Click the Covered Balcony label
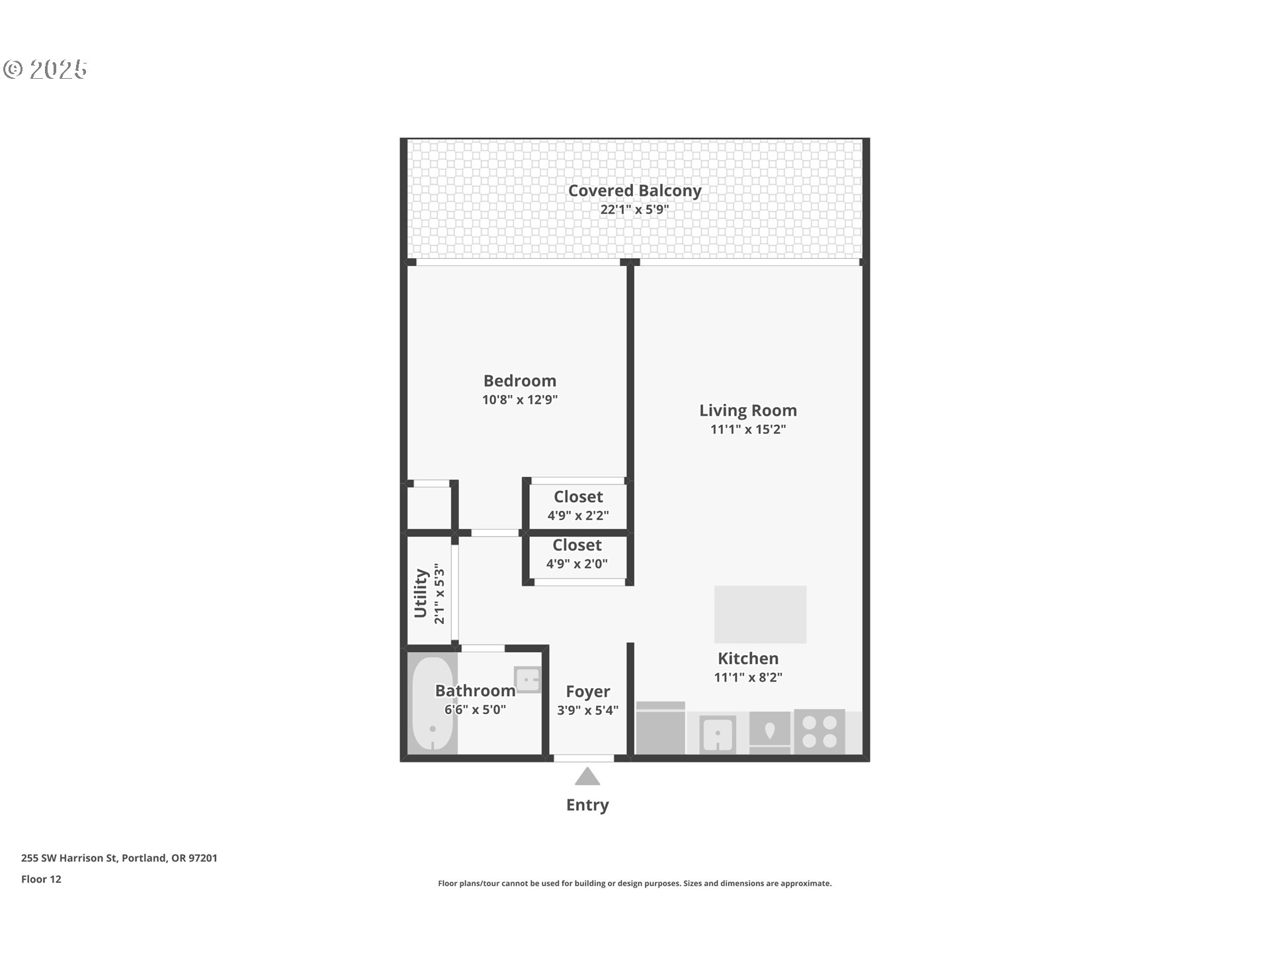click(x=634, y=191)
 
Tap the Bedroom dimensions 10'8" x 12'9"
click(x=520, y=400)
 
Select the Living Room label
click(x=748, y=410)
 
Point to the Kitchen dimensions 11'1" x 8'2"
click(x=748, y=677)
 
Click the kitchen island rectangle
click(x=760, y=614)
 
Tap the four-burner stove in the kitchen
click(x=820, y=732)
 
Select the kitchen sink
click(x=718, y=734)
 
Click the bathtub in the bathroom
click(x=433, y=705)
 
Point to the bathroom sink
click(x=528, y=680)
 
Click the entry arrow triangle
click(x=587, y=776)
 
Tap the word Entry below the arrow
click(x=587, y=805)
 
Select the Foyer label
click(x=587, y=692)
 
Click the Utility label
click(x=421, y=594)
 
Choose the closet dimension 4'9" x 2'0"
click(x=577, y=564)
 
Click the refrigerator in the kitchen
click(x=661, y=728)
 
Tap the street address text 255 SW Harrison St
click(x=69, y=858)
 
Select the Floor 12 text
click(x=41, y=880)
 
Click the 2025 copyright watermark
click(x=46, y=69)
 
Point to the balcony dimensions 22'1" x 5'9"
click(x=634, y=210)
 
